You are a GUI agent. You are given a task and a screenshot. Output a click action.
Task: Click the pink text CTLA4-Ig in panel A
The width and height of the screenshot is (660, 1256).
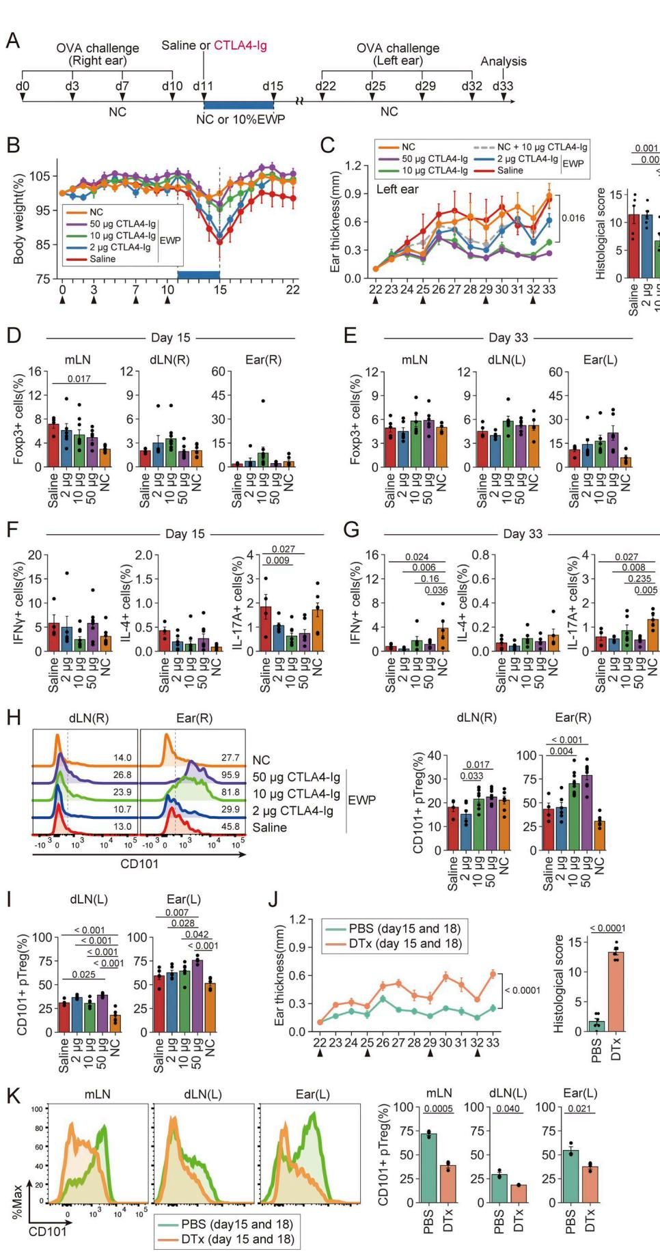click(240, 46)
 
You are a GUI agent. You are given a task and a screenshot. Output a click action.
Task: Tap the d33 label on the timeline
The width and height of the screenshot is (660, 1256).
click(504, 86)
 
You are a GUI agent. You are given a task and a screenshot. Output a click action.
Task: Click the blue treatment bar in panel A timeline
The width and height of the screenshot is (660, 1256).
click(238, 104)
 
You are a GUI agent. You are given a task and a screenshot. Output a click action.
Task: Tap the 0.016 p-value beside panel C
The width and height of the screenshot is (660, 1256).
click(572, 218)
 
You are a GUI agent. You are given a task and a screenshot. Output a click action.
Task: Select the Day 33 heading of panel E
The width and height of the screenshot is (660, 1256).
click(508, 337)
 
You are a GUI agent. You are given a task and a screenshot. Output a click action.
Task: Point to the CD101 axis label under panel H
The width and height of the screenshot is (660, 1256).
click(139, 863)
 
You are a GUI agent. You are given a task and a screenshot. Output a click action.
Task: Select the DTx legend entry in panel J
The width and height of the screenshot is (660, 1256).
click(404, 943)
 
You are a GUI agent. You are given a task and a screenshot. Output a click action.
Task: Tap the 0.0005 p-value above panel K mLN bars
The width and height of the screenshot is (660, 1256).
click(438, 1108)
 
